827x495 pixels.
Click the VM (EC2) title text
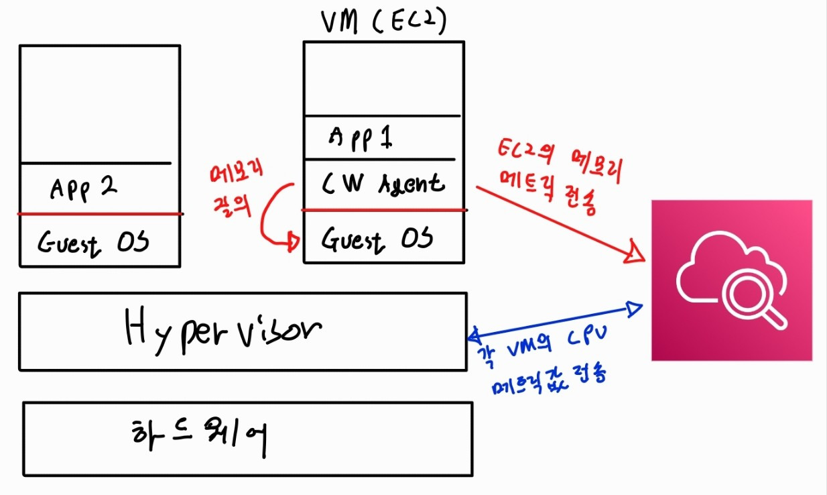tap(384, 23)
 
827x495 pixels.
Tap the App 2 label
tap(84, 189)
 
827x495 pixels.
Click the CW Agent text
tap(382, 183)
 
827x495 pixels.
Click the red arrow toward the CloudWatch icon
tap(553, 221)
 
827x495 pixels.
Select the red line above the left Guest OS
tap(101, 214)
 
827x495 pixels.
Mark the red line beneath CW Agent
tap(384, 210)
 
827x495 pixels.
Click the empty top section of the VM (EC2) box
tap(383, 78)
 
